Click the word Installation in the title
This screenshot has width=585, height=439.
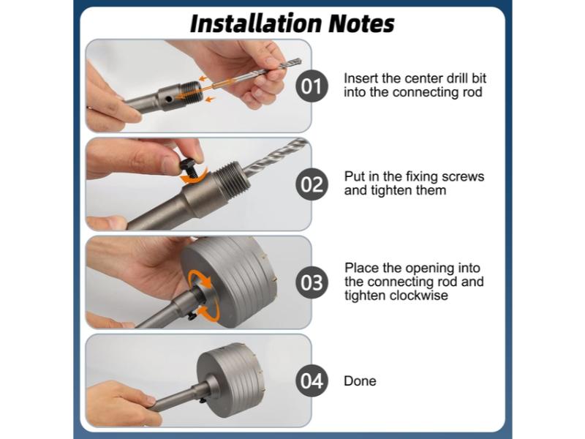click(x=257, y=23)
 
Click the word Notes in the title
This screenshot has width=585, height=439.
click(x=361, y=23)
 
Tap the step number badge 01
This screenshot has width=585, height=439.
click(x=312, y=86)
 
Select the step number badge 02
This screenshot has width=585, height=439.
click(x=312, y=184)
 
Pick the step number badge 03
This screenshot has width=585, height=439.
click(x=312, y=282)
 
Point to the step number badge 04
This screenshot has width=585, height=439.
click(x=312, y=380)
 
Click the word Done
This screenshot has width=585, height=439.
click(x=360, y=380)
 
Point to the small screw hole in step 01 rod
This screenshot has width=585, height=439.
click(x=169, y=100)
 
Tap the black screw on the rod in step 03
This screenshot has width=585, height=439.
click(x=192, y=316)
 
